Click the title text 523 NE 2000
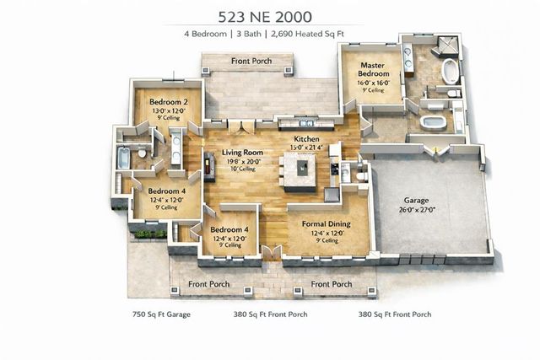click(x=270, y=15)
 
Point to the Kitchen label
click(x=306, y=138)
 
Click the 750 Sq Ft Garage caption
click(x=161, y=314)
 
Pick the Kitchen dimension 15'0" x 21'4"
click(x=308, y=148)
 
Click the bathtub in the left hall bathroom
click(x=124, y=158)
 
